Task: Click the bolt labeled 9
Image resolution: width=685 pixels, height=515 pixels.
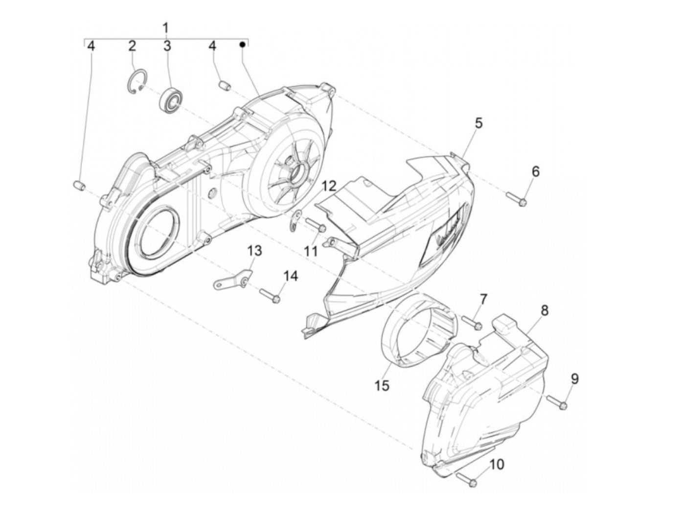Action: point(557,402)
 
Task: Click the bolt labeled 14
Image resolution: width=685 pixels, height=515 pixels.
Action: point(270,295)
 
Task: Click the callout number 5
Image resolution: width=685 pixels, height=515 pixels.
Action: point(478,123)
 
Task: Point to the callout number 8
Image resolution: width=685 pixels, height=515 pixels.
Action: point(544,310)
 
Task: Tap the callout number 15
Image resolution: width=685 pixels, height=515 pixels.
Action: point(382,385)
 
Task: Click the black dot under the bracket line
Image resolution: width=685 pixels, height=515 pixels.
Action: point(242,45)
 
